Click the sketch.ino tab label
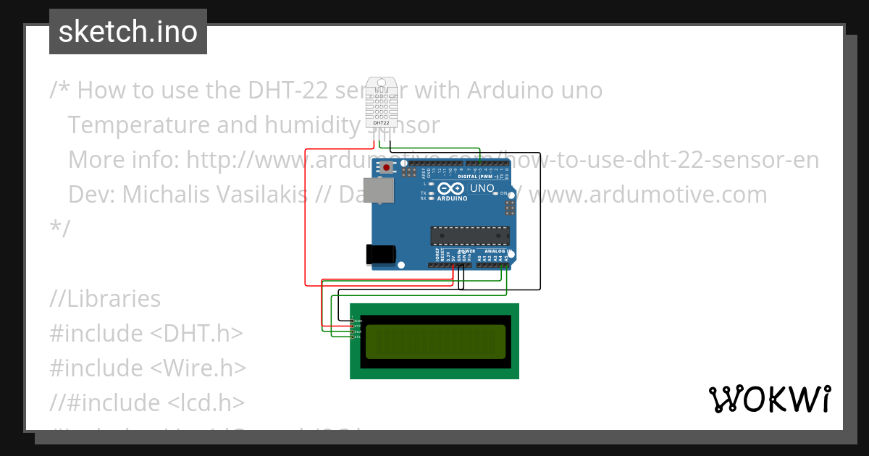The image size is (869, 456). (127, 32)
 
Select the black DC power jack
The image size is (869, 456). (381, 254)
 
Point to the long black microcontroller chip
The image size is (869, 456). (469, 235)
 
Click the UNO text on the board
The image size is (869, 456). (482, 189)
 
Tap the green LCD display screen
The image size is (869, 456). (434, 342)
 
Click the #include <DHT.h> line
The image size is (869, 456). (146, 334)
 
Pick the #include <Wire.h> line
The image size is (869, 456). (148, 368)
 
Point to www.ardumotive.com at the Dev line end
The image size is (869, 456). (652, 195)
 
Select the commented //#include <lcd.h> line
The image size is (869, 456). (147, 402)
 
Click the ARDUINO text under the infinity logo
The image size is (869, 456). (451, 198)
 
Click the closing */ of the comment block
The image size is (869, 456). (60, 229)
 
